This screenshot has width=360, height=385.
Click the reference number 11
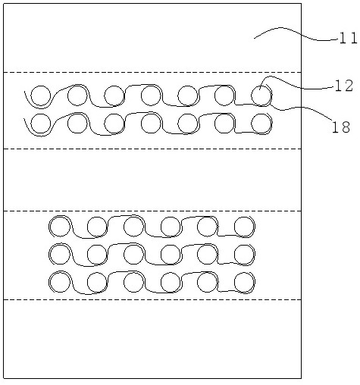(x=349, y=39)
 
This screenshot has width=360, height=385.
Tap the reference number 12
(x=344, y=86)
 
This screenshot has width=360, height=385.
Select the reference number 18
(x=341, y=127)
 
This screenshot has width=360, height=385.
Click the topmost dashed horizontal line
(x=152, y=73)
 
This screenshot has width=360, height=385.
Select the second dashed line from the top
(x=152, y=149)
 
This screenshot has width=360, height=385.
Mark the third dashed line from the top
(x=152, y=211)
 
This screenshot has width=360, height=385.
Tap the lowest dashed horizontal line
(x=152, y=300)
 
